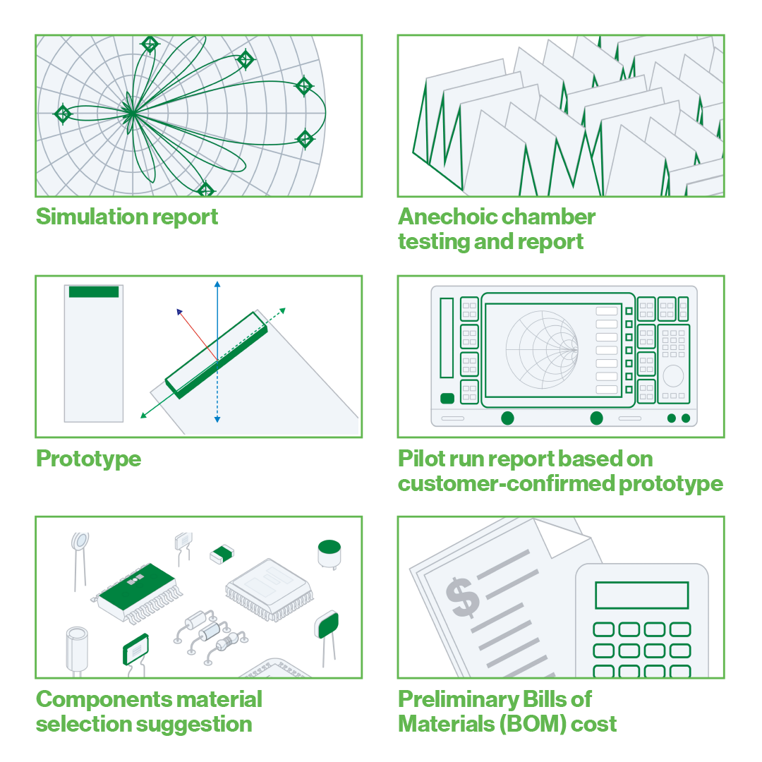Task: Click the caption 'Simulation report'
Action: point(127,216)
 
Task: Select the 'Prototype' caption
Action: point(88,459)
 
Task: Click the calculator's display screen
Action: point(641,595)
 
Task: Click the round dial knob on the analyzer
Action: point(673,375)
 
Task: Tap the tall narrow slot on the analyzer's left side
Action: point(447,337)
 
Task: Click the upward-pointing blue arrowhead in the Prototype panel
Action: point(217,284)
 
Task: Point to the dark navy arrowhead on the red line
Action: point(180,311)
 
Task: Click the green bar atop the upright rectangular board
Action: point(94,291)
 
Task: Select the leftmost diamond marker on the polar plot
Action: point(63,114)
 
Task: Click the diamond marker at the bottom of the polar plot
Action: point(205,189)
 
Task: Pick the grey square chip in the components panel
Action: point(266,588)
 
